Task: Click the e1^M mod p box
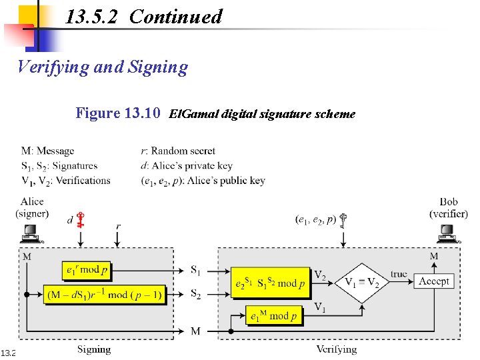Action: (273, 316)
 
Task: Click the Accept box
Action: (433, 281)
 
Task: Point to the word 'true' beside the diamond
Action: (399, 273)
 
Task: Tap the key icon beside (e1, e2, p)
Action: (345, 221)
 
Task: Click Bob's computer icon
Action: (447, 234)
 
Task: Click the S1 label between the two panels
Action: (196, 270)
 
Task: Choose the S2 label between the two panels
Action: (196, 294)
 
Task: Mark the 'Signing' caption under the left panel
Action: (94, 349)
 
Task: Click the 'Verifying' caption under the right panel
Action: (337, 349)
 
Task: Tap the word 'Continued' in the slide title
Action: (175, 16)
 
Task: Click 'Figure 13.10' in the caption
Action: (117, 113)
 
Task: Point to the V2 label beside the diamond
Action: (321, 275)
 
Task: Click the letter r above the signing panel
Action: (118, 227)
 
